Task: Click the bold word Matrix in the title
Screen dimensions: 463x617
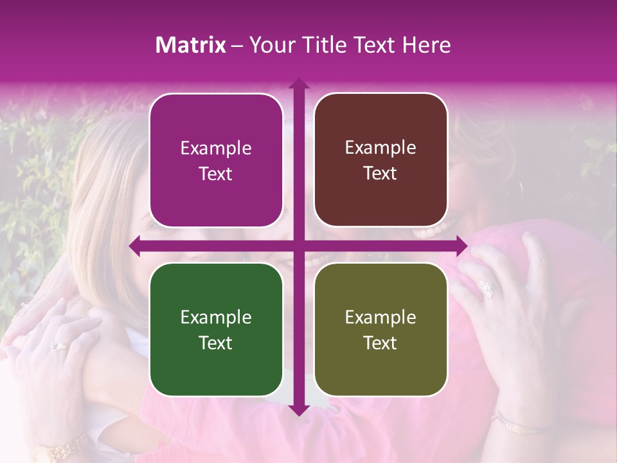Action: point(190,45)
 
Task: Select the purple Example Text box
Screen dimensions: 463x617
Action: point(216,160)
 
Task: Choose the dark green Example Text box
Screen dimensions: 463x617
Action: point(216,329)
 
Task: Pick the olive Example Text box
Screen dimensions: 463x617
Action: point(380,329)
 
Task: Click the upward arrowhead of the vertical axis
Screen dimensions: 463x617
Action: point(298,84)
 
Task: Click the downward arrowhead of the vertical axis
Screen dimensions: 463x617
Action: point(298,410)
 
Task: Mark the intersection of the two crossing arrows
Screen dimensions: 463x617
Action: point(298,246)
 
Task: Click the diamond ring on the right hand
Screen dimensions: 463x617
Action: point(487,289)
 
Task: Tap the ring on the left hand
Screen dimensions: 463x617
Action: point(57,346)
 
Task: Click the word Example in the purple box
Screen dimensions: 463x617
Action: point(216,148)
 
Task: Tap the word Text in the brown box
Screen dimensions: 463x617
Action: point(380,173)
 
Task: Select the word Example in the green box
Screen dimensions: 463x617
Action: point(216,317)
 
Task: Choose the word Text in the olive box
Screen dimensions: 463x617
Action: point(380,343)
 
